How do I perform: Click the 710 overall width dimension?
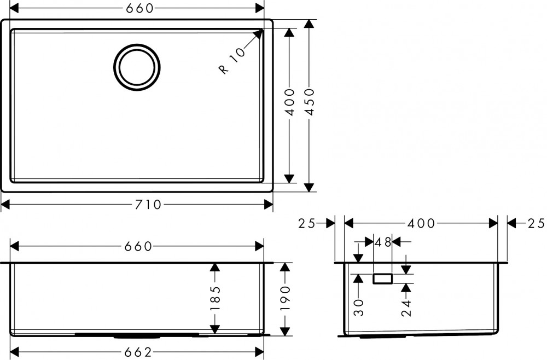tap(147, 205)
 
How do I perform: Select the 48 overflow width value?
tap(383, 242)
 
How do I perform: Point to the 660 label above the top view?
tap(136, 8)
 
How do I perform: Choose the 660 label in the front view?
tap(136, 246)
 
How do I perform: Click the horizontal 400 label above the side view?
tap(420, 223)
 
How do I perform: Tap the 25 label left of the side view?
tap(308, 223)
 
